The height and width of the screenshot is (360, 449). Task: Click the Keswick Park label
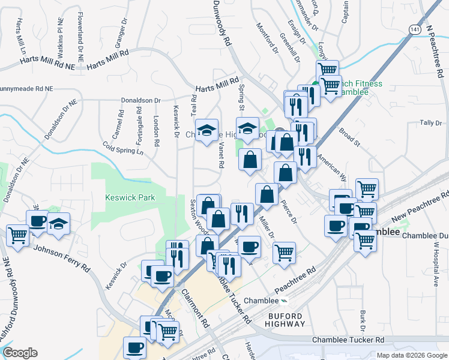point(130,197)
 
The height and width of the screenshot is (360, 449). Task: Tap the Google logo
point(20,353)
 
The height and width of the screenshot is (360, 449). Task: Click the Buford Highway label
point(285,319)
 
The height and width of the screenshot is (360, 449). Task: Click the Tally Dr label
point(430,123)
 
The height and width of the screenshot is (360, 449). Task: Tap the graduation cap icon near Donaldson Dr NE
point(58,223)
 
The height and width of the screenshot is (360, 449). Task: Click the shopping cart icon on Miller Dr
point(284,251)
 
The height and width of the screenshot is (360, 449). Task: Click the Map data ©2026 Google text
point(412,355)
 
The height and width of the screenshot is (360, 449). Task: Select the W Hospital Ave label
point(436,265)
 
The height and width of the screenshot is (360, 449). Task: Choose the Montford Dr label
point(268,37)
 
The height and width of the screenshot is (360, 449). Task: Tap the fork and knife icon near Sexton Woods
point(242,212)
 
